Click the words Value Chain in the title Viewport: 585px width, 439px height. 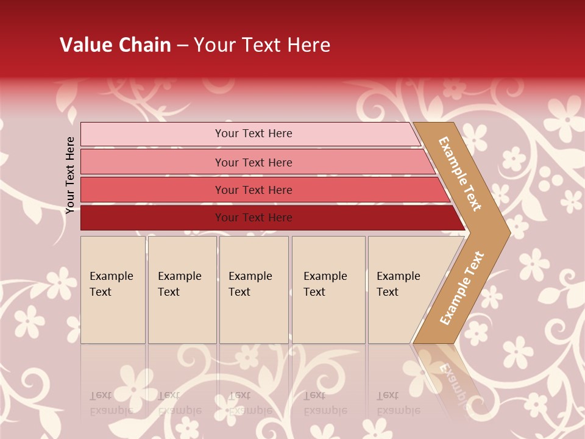coord(115,45)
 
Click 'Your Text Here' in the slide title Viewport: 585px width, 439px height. coord(262,45)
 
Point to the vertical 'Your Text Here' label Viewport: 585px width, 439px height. coord(70,175)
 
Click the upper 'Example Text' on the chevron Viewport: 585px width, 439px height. coord(460,174)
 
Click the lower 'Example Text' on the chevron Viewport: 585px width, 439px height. coord(461,288)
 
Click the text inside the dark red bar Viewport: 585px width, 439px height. coord(253,218)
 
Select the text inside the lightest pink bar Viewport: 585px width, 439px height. coord(253,134)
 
